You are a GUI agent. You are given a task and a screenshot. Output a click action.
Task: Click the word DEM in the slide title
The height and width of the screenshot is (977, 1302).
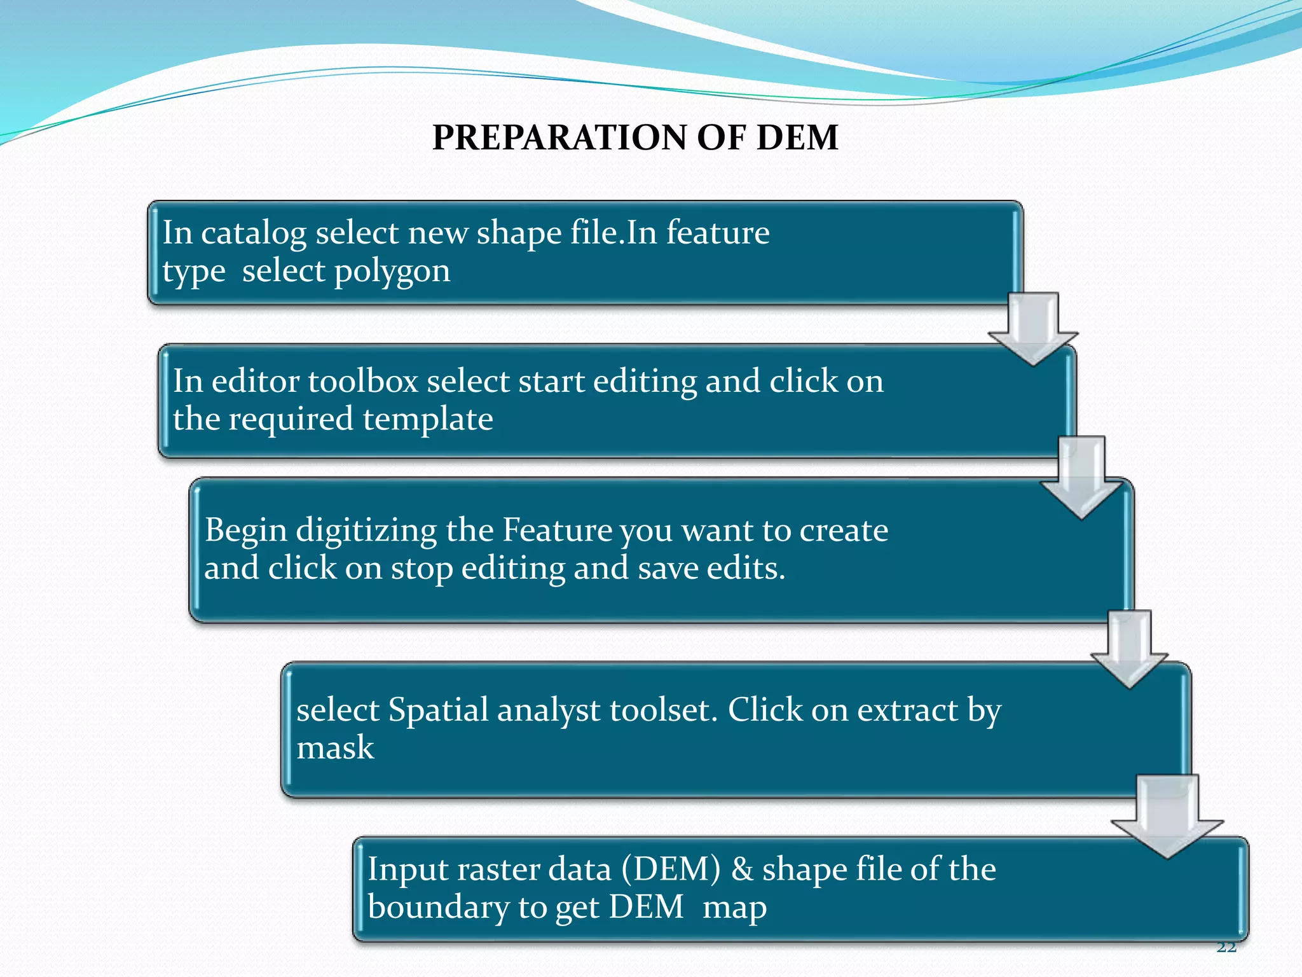797,137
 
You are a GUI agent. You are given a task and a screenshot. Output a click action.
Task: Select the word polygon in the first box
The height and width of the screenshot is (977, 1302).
392,272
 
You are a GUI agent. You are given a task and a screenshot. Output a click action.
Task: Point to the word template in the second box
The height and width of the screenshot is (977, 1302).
428,420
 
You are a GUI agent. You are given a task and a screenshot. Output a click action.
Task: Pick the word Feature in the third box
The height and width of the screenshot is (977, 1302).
558,530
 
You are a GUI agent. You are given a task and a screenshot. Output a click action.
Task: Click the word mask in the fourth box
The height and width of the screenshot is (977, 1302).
335,748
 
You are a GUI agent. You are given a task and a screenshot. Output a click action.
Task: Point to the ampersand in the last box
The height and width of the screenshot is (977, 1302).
741,870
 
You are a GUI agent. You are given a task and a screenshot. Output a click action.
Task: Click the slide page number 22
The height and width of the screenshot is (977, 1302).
1226,948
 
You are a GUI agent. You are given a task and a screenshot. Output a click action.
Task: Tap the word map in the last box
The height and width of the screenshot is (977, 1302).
734,908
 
